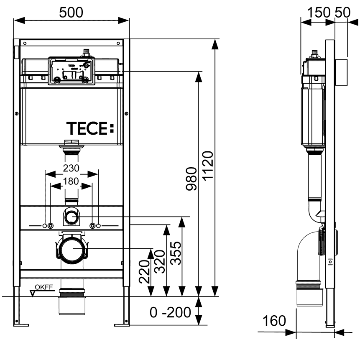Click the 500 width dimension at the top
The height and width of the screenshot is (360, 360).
71,13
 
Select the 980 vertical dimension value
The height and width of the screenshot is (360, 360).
191,179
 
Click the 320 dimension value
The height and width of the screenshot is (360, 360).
160,261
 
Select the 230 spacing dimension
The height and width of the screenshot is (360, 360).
71,169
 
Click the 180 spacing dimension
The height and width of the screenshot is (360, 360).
71,181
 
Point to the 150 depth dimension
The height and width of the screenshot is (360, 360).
318,13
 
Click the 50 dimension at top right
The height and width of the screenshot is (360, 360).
343,13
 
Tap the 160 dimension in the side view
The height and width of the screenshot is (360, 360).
274,321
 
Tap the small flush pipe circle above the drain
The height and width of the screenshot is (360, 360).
71,217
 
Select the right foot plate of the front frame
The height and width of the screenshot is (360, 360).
122,324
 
